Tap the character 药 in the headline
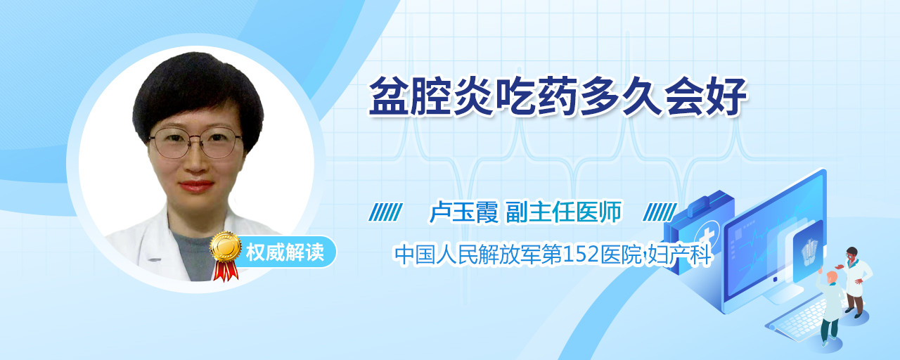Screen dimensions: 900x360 555,96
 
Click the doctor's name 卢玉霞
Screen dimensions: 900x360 464,212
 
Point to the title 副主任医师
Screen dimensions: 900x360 564,212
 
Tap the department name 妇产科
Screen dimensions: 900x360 679,255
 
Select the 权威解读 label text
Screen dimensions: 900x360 285,252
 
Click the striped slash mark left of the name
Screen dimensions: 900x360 386,212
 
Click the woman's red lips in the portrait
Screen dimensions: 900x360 196,186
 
